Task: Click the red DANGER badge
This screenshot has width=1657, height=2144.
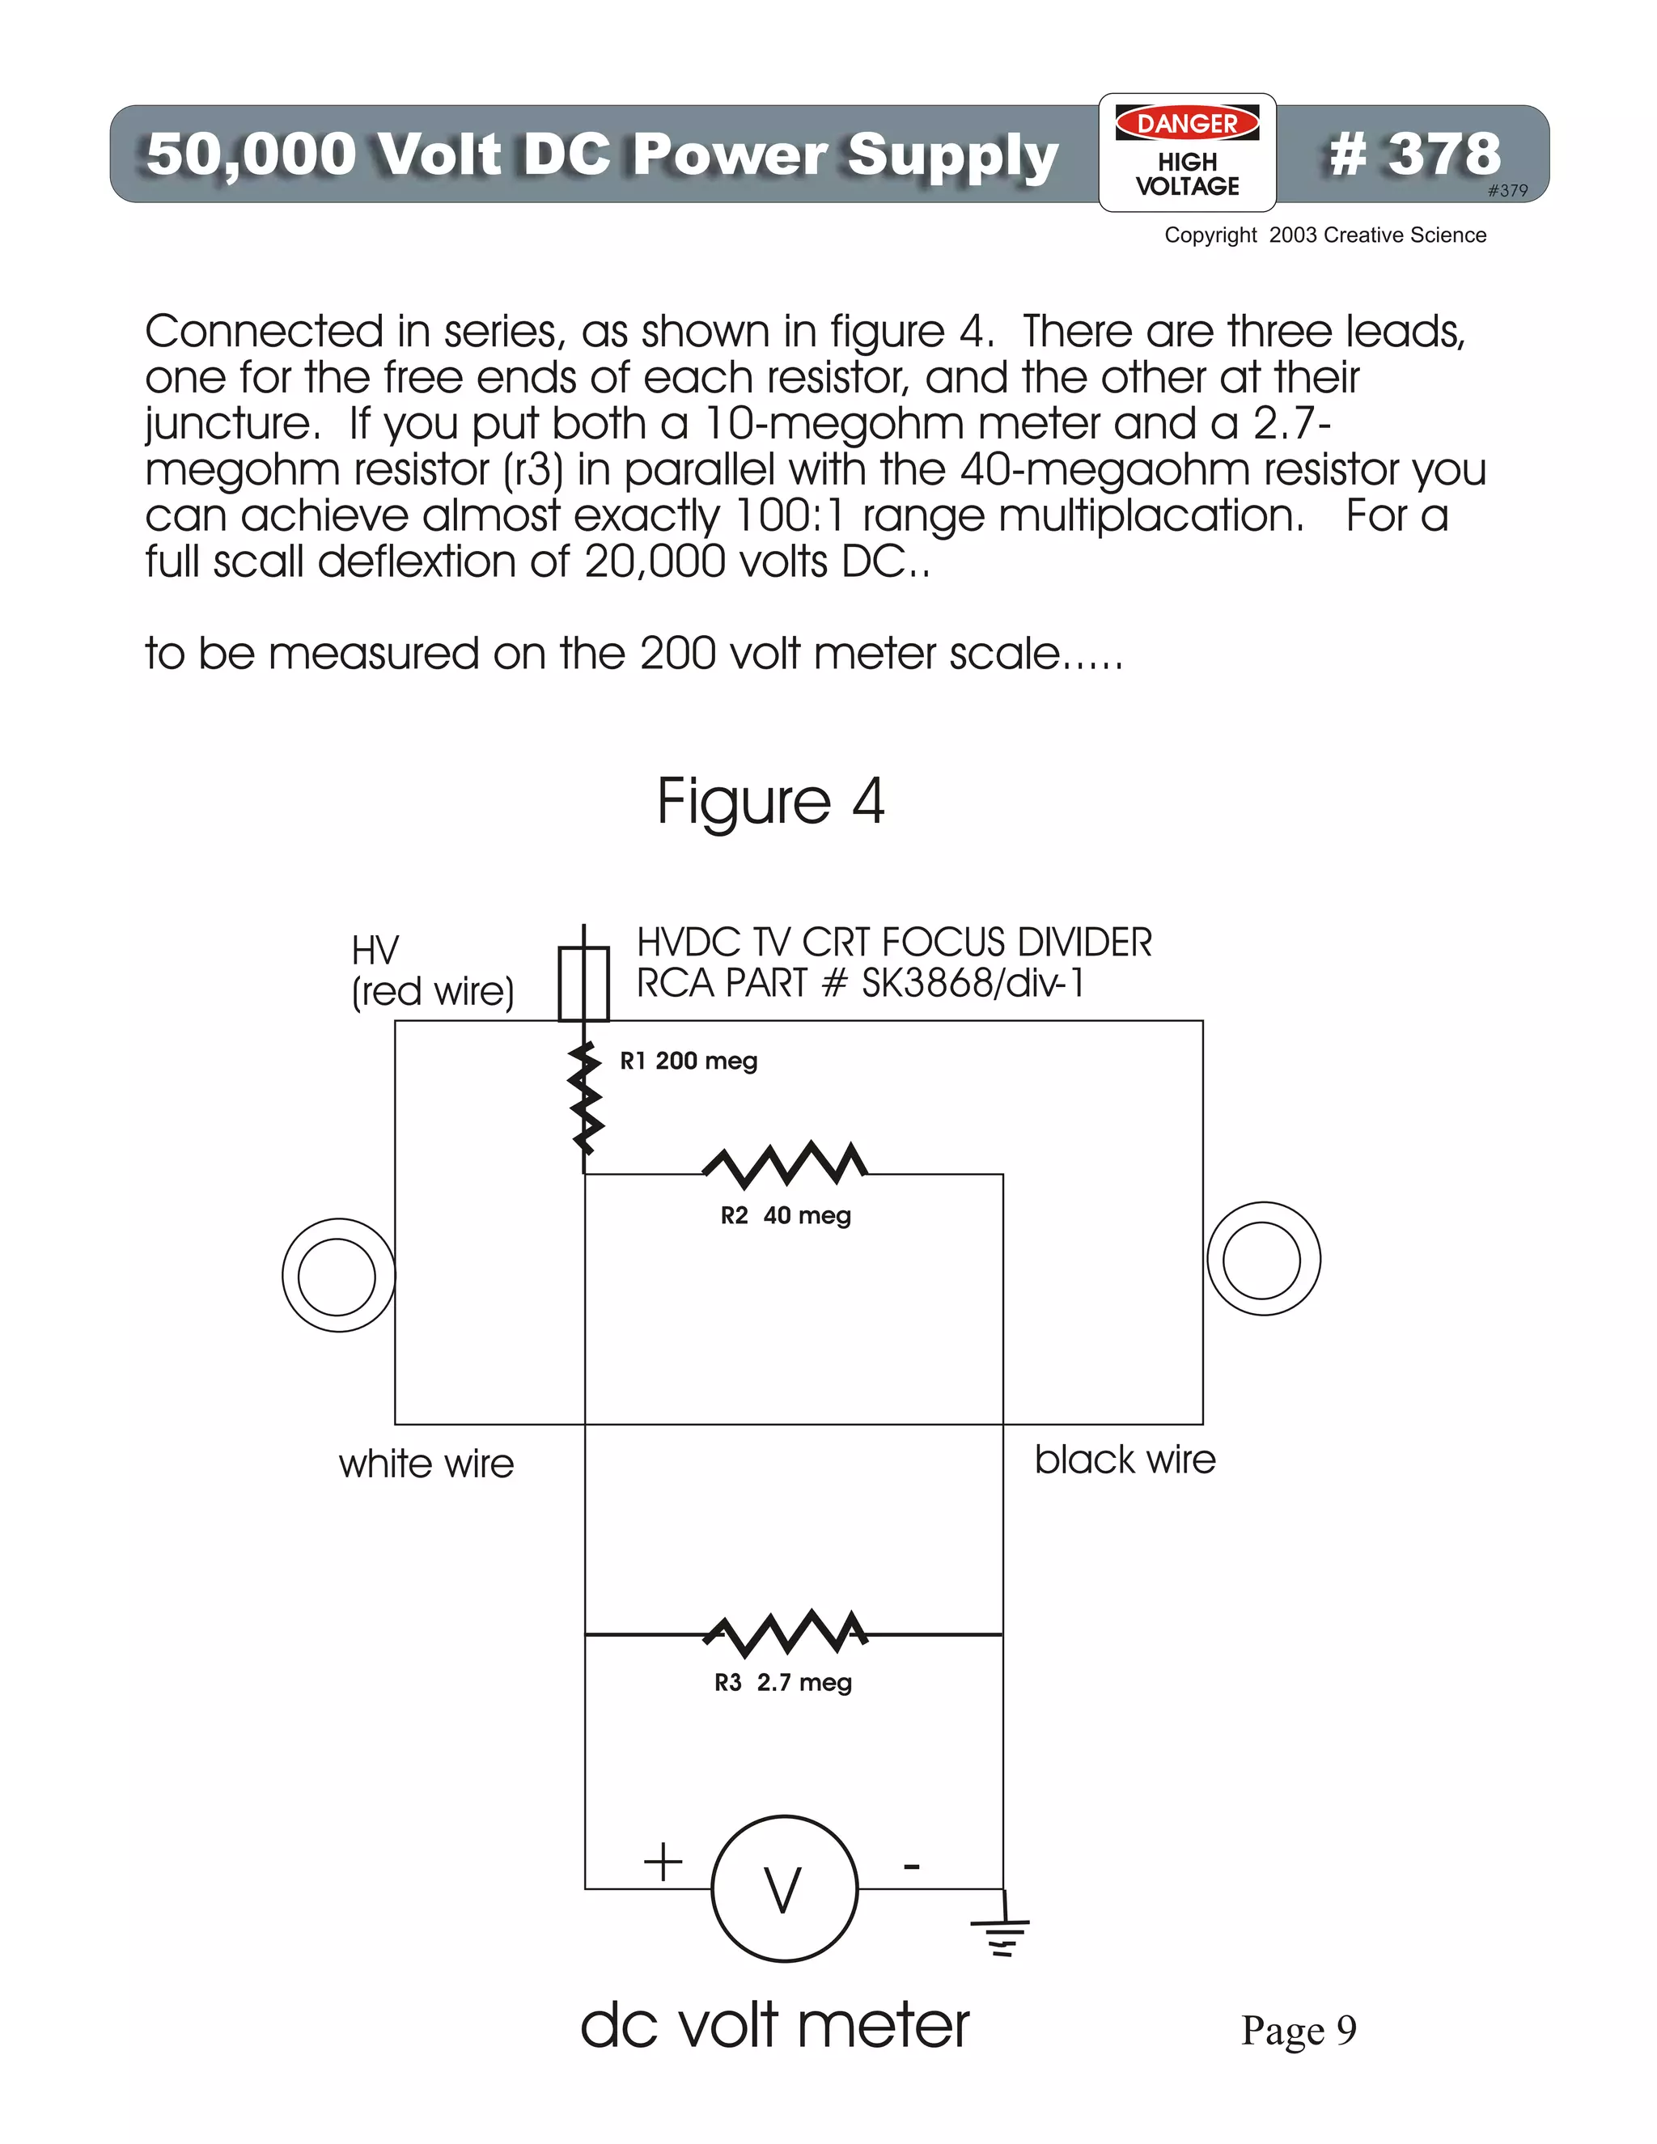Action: pos(1187,124)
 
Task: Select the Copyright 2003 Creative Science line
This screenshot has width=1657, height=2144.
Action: pos(1324,235)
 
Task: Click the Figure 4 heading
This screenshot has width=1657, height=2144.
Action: pos(770,801)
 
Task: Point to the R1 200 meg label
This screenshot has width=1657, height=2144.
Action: pos(689,1061)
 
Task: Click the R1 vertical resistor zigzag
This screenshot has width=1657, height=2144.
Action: pos(586,1099)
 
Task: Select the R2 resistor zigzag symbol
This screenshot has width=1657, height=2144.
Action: pos(786,1163)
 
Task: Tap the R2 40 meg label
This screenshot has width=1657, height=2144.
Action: pos(786,1215)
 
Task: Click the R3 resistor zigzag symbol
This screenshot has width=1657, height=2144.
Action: pos(786,1632)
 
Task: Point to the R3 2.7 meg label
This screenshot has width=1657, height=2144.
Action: pos(782,1683)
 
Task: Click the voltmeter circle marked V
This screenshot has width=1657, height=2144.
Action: pos(784,1889)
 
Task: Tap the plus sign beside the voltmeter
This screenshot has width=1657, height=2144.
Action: pos(663,1862)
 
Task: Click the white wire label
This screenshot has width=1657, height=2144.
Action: pos(426,1464)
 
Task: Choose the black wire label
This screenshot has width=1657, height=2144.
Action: pos(1125,1460)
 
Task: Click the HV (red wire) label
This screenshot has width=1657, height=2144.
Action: pos(432,971)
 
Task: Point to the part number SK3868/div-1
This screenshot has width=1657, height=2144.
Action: pos(973,983)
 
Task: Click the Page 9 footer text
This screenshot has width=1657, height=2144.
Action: pos(1298,2030)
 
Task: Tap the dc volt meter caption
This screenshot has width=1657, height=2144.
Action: pos(774,2025)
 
